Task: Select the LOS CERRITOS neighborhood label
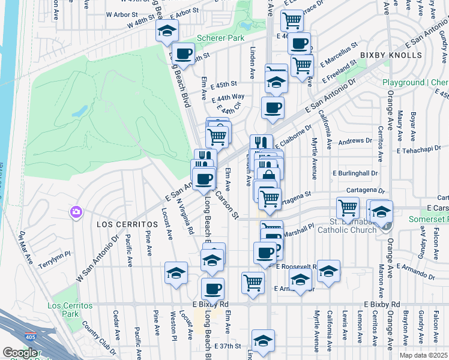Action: (x=127, y=224)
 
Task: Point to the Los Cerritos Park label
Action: (x=71, y=310)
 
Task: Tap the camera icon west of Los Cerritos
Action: (x=76, y=212)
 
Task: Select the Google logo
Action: (x=20, y=353)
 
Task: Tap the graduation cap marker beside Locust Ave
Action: (x=176, y=273)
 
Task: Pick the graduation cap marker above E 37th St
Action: (x=263, y=341)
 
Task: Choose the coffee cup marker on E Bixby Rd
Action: (x=212, y=289)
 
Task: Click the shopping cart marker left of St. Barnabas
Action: (x=348, y=208)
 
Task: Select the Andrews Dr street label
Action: (x=355, y=142)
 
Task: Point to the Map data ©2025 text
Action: (x=424, y=355)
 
